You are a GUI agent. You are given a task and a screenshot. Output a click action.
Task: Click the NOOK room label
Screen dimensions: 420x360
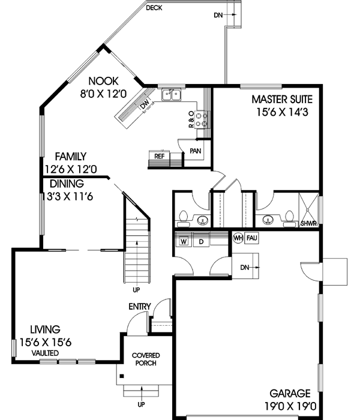104,81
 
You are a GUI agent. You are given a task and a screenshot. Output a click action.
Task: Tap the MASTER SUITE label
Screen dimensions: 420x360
282,98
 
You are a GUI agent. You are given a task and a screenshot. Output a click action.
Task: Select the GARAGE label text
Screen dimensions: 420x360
289,394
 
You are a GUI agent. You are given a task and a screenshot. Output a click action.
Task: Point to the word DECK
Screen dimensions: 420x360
154,7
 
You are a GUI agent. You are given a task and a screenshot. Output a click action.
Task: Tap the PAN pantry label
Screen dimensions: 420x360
196,151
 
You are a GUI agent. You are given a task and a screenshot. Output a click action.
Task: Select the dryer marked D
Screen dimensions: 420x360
202,241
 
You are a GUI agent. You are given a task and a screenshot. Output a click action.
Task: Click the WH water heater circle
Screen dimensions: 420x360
238,238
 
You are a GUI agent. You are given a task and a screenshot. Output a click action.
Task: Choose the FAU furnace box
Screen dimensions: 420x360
251,238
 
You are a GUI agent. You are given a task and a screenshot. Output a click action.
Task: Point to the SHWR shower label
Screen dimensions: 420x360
309,225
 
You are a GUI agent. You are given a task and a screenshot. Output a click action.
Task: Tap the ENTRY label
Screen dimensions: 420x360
139,307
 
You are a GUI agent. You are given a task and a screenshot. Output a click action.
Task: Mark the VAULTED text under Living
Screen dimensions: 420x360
46,353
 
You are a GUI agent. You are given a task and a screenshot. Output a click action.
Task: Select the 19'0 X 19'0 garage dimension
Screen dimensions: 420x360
289,406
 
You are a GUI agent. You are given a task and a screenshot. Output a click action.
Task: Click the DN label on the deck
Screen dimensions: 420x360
218,15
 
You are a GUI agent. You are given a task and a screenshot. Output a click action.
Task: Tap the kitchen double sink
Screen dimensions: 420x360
172,94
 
